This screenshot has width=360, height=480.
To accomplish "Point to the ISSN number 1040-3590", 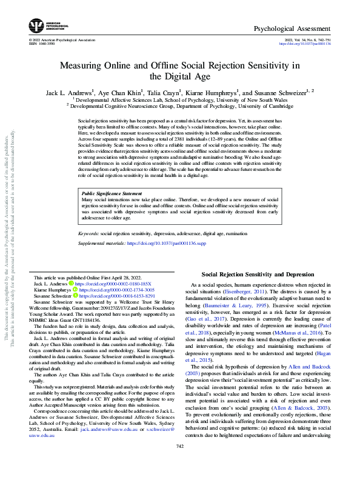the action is click(x=47, y=44).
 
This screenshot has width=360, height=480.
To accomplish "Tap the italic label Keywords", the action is click(x=90, y=233).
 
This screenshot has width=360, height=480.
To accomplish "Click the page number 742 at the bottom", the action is click(x=179, y=463).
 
